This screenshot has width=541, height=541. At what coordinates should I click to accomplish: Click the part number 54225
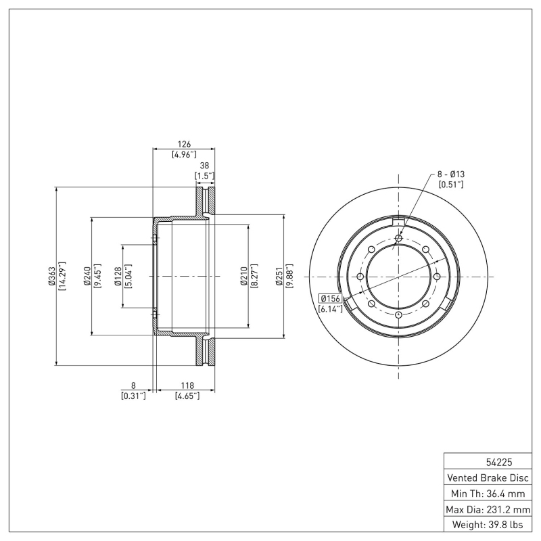[x=488, y=463]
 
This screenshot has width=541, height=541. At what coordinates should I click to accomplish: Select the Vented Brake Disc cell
[x=488, y=478]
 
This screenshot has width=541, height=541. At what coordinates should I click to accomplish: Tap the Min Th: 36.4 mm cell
[x=488, y=494]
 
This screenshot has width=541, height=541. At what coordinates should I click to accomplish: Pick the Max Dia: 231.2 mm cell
[x=488, y=509]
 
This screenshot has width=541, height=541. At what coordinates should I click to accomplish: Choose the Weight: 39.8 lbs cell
[x=488, y=525]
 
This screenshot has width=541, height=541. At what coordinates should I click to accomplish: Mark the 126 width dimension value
[x=184, y=144]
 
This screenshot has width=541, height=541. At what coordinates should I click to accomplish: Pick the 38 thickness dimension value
[x=204, y=165]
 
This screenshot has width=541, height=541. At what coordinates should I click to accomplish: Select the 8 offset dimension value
[x=133, y=385]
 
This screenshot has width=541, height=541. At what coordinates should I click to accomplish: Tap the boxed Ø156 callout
[x=330, y=298]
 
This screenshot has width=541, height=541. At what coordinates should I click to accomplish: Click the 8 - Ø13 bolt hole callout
[x=450, y=174]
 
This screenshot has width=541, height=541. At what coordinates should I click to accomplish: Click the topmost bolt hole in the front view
[x=398, y=238]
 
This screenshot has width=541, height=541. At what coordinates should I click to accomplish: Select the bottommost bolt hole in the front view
[x=398, y=316]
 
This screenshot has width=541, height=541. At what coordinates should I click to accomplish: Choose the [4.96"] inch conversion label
[x=184, y=154]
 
